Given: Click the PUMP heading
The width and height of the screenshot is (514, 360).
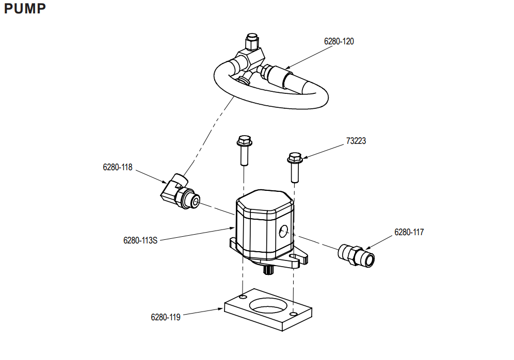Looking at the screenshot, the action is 25,9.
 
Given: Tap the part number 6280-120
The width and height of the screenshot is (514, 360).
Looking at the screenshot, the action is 339,42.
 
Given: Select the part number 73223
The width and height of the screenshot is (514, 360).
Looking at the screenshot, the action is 356,141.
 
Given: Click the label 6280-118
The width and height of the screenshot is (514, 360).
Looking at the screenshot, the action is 117,168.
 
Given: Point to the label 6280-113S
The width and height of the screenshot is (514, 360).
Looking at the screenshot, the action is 140,240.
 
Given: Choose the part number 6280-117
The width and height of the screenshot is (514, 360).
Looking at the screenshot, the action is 409,232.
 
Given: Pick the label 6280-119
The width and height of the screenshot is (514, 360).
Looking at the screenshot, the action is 166,317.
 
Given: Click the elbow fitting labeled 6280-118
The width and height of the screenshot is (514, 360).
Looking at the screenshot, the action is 180,191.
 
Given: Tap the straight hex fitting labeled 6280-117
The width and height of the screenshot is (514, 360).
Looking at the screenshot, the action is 356,255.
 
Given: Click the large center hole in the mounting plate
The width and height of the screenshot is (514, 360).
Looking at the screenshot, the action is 268,305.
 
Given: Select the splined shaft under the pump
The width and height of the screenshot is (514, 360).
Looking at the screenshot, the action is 269,270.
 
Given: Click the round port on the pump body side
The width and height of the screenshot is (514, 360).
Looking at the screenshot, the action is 283,231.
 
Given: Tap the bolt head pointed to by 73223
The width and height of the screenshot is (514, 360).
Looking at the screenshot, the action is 295,158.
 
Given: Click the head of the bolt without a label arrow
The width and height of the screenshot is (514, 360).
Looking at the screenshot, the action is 244,141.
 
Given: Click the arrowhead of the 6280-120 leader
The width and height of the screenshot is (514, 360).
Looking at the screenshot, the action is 287,67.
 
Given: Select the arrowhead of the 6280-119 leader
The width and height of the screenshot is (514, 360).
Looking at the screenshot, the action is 220,308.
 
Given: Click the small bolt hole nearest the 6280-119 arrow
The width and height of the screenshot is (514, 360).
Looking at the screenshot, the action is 243,297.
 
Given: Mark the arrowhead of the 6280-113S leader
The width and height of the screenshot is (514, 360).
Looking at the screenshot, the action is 232,228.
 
